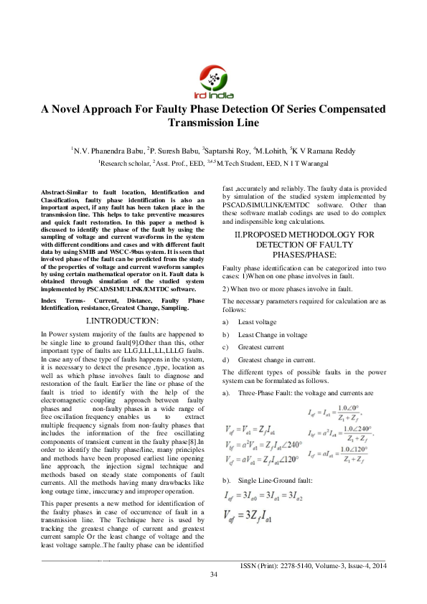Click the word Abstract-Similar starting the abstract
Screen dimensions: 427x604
click(67, 192)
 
